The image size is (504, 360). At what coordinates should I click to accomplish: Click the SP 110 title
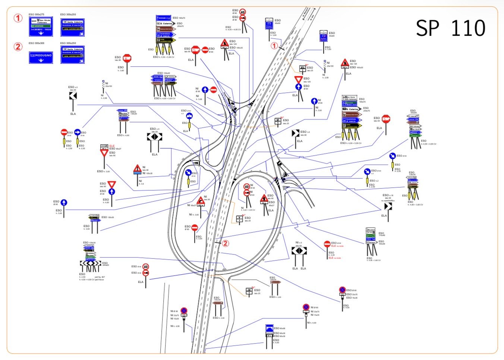click(x=450, y=28)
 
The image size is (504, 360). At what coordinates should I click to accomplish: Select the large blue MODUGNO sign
click(x=41, y=56)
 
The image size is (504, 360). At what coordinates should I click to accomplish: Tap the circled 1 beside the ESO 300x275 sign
click(x=18, y=18)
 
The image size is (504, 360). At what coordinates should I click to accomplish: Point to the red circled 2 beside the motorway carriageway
click(x=225, y=243)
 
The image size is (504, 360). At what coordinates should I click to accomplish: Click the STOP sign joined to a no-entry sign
click(x=196, y=50)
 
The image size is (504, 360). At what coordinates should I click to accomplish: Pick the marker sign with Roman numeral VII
click(x=302, y=69)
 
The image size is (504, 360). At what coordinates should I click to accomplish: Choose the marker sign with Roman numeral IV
click(x=249, y=291)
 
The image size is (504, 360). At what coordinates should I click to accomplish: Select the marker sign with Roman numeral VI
click(x=278, y=121)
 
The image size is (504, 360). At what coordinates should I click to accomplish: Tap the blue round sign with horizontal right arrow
click(x=78, y=132)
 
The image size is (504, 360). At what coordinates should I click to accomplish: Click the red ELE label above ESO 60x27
click(x=112, y=146)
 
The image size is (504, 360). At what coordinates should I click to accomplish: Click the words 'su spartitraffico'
click(x=387, y=200)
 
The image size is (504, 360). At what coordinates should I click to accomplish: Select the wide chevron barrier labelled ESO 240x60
click(x=90, y=263)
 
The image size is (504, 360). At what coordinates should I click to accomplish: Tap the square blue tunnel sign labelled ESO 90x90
click(x=269, y=328)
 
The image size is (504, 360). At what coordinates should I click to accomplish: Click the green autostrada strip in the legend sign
click(x=41, y=26)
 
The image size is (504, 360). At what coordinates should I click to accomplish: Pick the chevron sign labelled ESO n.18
click(x=388, y=206)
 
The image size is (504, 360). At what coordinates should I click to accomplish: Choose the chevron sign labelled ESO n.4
click(x=296, y=133)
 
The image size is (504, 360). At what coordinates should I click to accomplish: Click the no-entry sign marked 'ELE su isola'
click(x=327, y=244)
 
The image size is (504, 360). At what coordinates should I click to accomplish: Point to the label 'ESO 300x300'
click(x=37, y=43)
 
